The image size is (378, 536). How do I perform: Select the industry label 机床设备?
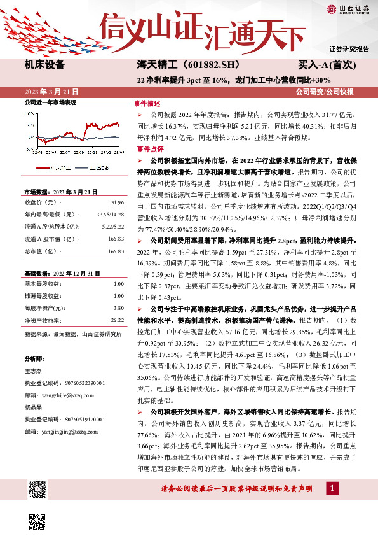pyautogui.click(x=44, y=64)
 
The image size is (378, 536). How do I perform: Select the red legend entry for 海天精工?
pyautogui.click(x=55, y=169)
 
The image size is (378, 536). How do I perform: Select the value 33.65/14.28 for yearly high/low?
pyautogui.click(x=111, y=214)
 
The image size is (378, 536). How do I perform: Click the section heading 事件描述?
pyautogui.click(x=147, y=102)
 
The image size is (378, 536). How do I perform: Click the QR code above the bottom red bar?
pyautogui.click(x=38, y=491)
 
